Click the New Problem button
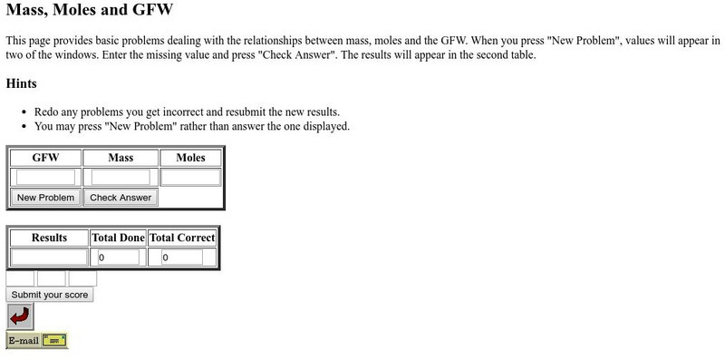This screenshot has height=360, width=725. point(45,197)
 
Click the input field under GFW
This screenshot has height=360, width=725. point(45,177)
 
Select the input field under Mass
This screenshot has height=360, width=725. point(121,177)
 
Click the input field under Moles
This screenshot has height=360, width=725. point(190,177)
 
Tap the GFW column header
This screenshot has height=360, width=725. point(45,158)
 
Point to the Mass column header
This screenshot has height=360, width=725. point(121,158)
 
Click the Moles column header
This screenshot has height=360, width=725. point(190,158)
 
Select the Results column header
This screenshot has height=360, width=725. point(49,238)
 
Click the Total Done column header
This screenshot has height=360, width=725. point(118,238)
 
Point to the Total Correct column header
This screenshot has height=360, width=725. point(182,238)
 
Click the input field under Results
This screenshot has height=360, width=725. point(49,258)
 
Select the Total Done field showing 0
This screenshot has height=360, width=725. point(118,258)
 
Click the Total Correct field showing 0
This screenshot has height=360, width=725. point(181,258)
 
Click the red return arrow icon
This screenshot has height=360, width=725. point(20,316)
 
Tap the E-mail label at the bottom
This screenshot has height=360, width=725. point(24,341)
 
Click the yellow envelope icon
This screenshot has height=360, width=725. point(54,341)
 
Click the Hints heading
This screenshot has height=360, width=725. point(21,83)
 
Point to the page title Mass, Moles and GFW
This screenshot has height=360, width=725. point(89,12)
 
